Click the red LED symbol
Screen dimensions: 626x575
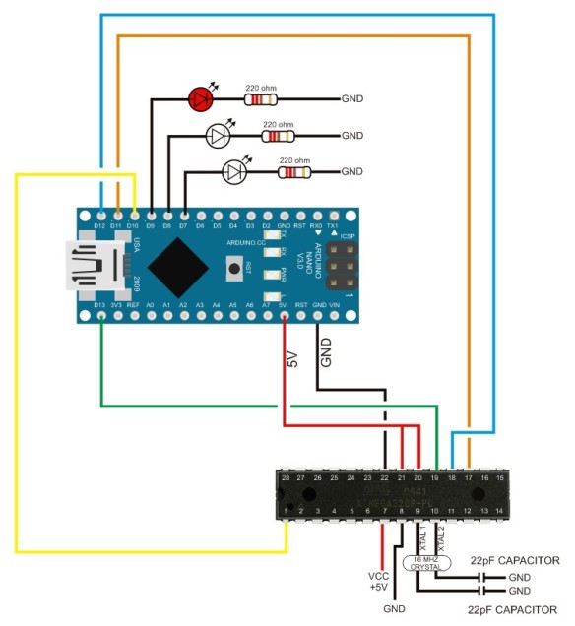[200, 97]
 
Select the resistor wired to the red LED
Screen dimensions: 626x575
[261, 98]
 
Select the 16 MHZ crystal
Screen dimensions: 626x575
[425, 563]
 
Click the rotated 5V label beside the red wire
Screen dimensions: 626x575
[292, 359]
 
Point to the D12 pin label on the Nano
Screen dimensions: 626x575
[99, 225]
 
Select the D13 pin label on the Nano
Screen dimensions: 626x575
[99, 306]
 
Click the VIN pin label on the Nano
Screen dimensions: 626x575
[335, 306]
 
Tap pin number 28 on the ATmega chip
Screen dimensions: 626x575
[287, 476]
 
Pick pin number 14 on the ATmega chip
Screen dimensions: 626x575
[500, 510]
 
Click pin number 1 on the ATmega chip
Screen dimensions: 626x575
[287, 510]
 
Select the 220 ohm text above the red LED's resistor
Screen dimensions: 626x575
[260, 86]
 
